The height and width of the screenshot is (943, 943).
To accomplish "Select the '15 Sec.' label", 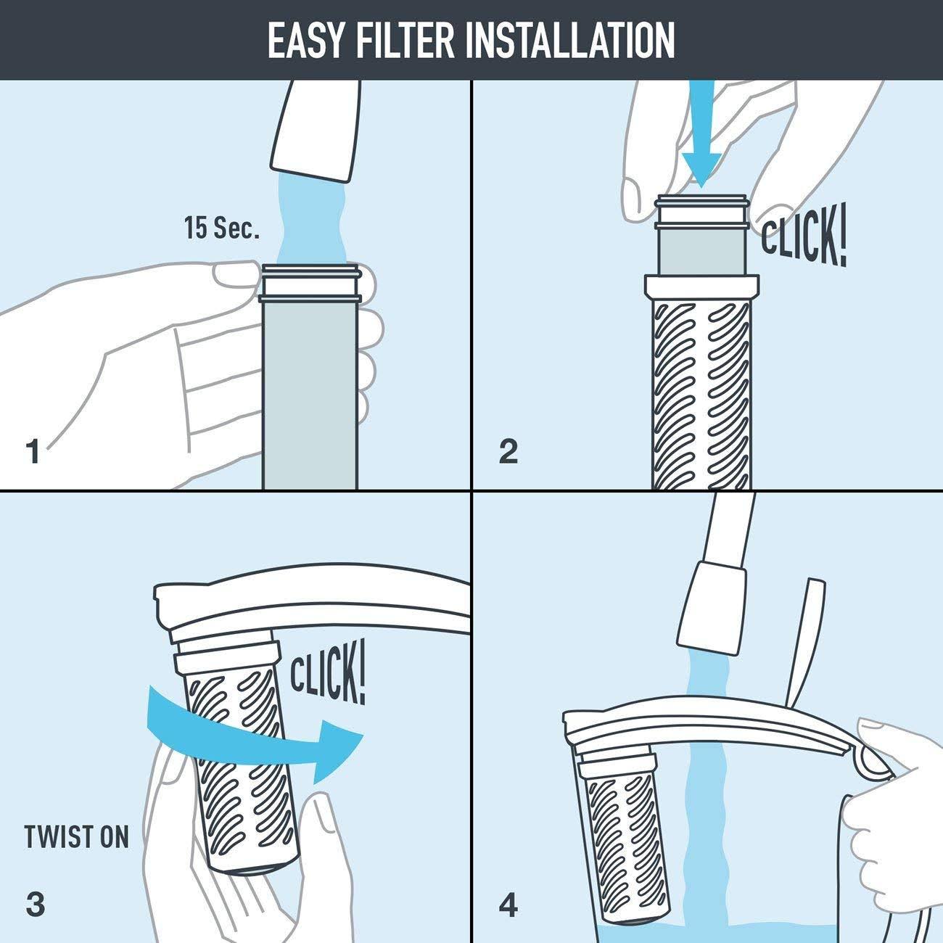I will [221, 229].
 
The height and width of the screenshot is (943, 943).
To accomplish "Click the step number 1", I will [33, 451].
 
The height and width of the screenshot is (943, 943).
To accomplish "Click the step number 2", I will [508, 451].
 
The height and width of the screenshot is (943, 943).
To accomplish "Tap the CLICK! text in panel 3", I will [328, 674].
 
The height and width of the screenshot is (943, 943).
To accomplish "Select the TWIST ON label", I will [76, 836].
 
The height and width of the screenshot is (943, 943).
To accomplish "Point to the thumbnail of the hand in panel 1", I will [234, 274].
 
